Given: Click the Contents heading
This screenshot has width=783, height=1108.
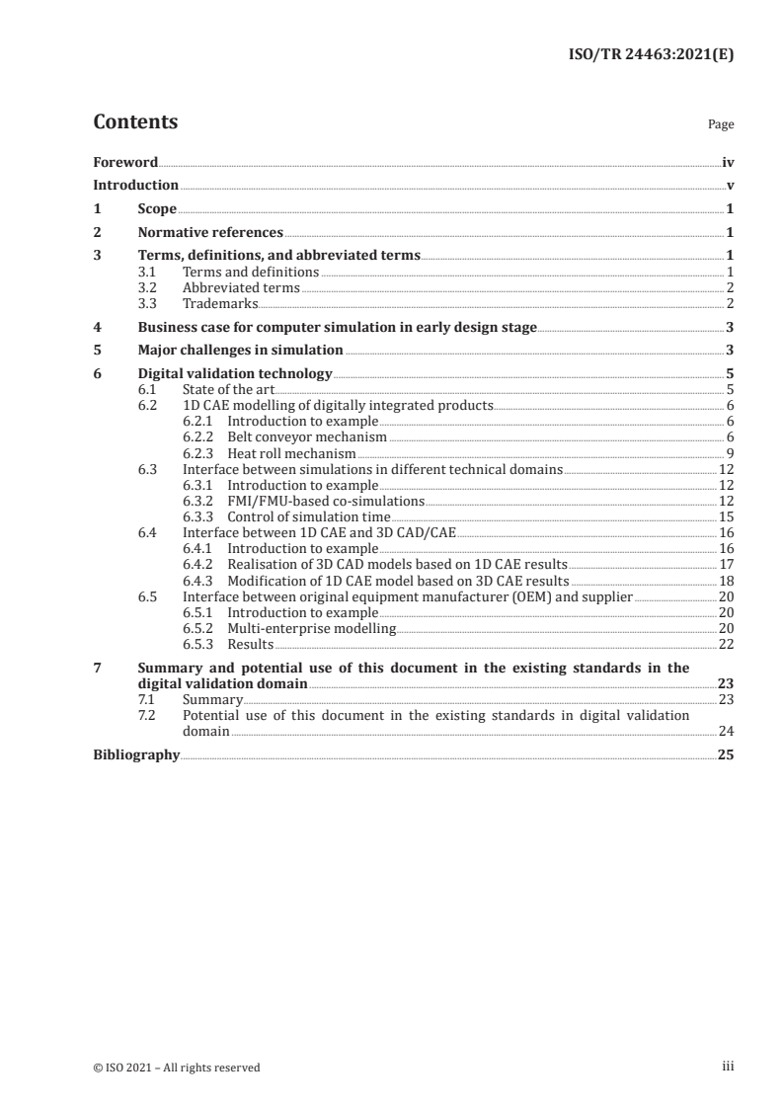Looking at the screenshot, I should point(135,122).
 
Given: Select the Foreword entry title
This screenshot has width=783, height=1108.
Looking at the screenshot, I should point(125,162).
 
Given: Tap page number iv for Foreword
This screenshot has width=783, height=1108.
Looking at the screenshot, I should point(727,162).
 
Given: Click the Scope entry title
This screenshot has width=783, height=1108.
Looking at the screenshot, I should point(157,209).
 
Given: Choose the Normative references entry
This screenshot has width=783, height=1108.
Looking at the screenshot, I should point(210,233).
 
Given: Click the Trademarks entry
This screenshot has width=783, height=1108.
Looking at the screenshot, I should point(220,303).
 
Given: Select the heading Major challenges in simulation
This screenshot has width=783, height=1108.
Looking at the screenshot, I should point(240,351).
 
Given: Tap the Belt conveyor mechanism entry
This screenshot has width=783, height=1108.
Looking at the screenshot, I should point(307,437).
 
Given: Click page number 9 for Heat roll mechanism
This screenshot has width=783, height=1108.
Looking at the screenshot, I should point(730,453).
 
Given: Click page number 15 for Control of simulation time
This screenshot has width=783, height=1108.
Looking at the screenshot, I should point(725,516).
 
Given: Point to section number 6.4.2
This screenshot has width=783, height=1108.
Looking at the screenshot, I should point(199,564).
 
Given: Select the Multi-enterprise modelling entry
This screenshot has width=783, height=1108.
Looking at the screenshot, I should point(311,627).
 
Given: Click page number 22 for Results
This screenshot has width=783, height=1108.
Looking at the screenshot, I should point(725,643).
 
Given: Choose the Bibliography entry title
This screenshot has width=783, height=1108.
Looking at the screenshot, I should point(136,754).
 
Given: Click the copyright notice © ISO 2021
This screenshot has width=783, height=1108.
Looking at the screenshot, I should point(177,1067).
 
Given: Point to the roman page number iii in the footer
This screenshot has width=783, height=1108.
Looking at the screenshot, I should point(728,1067).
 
